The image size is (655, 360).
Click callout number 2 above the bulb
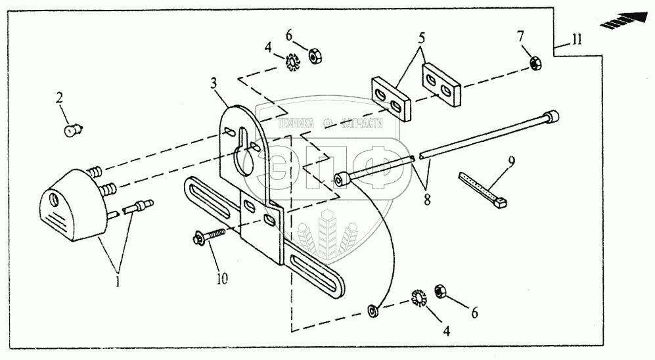tap(60, 98)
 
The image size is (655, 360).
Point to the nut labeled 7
tap(535, 64)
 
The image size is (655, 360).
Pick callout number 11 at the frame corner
tap(576, 40)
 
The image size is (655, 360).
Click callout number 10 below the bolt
tap(223, 279)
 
